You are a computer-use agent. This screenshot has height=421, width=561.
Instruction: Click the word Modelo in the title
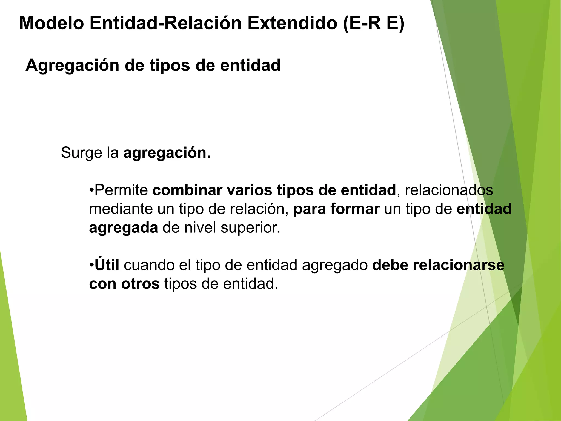[51, 23]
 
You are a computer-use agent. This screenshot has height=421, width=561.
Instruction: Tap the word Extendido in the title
[292, 23]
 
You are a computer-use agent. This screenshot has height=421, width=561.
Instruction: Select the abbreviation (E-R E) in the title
[374, 23]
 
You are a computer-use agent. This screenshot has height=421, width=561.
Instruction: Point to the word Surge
[81, 153]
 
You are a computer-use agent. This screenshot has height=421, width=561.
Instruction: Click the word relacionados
[449, 190]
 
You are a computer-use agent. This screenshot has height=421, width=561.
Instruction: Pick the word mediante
[121, 209]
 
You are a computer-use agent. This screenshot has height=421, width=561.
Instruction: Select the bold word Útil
[107, 265]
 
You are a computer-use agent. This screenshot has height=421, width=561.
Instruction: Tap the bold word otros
[140, 284]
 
